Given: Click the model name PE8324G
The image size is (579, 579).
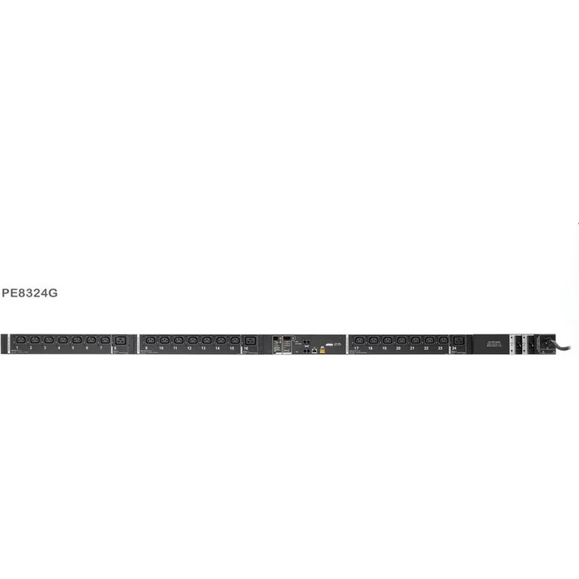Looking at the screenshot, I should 30,293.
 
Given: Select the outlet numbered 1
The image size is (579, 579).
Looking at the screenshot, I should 20,340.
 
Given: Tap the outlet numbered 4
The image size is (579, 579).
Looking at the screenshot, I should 62,340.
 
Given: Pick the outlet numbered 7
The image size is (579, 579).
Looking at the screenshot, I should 105,340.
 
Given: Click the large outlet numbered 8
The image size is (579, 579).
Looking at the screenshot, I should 120,340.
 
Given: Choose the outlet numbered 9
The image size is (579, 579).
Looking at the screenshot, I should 150,340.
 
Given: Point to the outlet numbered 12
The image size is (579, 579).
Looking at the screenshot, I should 192,340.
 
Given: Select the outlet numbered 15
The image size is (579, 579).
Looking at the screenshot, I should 234,340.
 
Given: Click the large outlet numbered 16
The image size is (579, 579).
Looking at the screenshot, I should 250,340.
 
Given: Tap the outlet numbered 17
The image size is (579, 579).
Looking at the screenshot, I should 360,340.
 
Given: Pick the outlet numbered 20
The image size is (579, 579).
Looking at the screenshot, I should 401,340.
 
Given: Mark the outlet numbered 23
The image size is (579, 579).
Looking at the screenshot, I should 443,340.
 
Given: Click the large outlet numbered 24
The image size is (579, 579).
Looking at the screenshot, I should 459,340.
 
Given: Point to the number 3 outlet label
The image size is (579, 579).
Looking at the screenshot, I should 45,348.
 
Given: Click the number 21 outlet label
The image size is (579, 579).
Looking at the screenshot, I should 412,348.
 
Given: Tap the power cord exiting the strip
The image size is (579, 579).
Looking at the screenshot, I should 563,346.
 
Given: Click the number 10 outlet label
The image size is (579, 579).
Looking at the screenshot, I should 161,348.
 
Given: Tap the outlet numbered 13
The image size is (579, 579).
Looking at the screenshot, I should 206,340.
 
